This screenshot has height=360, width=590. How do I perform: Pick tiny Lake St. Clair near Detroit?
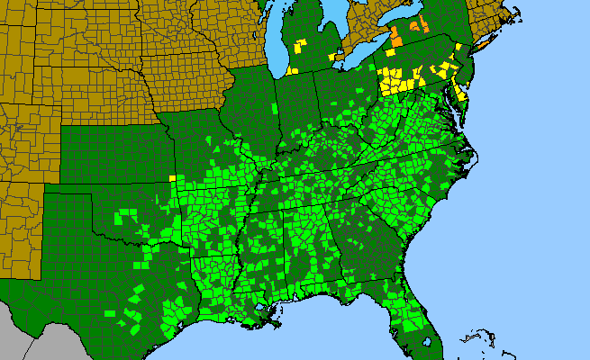pyautogui.click(x=337, y=56)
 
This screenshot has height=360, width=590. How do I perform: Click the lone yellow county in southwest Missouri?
pyautogui.click(x=172, y=178)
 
